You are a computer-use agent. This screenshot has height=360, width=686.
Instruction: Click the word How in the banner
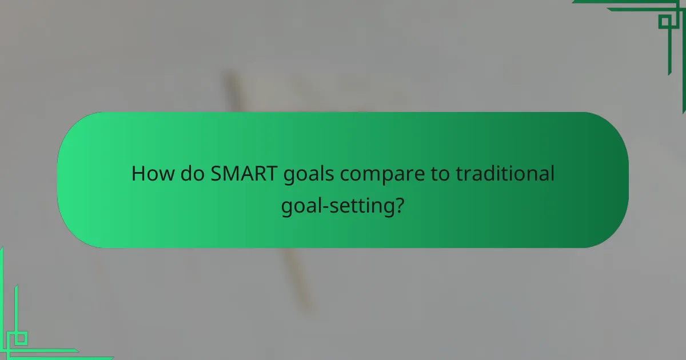[x=150, y=174]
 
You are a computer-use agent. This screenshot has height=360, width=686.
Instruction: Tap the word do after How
[x=190, y=174]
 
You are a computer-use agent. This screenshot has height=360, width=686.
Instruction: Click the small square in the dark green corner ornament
[x=664, y=22]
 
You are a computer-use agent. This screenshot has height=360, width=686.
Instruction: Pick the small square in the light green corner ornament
[x=21, y=338]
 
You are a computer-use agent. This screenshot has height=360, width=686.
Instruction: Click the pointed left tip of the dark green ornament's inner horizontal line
[x=607, y=10]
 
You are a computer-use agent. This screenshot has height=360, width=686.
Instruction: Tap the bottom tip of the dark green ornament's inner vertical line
[x=669, y=74]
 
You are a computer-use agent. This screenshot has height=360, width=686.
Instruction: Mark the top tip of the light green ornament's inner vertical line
[x=16, y=286]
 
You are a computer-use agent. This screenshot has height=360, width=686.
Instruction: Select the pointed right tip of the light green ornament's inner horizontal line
[x=78, y=350]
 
